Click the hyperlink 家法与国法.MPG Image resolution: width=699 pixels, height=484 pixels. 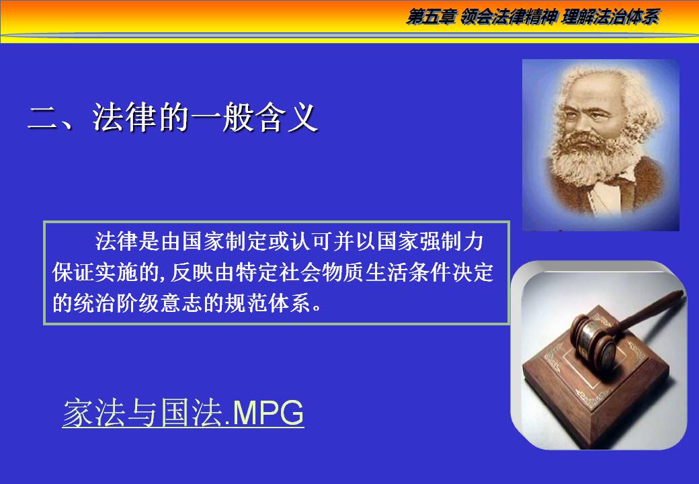pyautogui.click(x=183, y=413)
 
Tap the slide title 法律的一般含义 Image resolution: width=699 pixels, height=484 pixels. pyautogui.click(x=206, y=118)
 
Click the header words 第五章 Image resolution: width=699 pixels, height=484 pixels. pyautogui.click(x=431, y=17)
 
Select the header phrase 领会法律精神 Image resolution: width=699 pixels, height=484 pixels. pyautogui.click(x=509, y=17)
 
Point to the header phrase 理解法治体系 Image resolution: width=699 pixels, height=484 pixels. pyautogui.click(x=611, y=17)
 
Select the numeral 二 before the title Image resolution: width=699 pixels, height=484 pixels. pyautogui.click(x=42, y=118)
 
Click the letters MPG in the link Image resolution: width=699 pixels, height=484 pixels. pyautogui.click(x=268, y=413)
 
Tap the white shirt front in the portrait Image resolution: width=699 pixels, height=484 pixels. pyautogui.click(x=606, y=196)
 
